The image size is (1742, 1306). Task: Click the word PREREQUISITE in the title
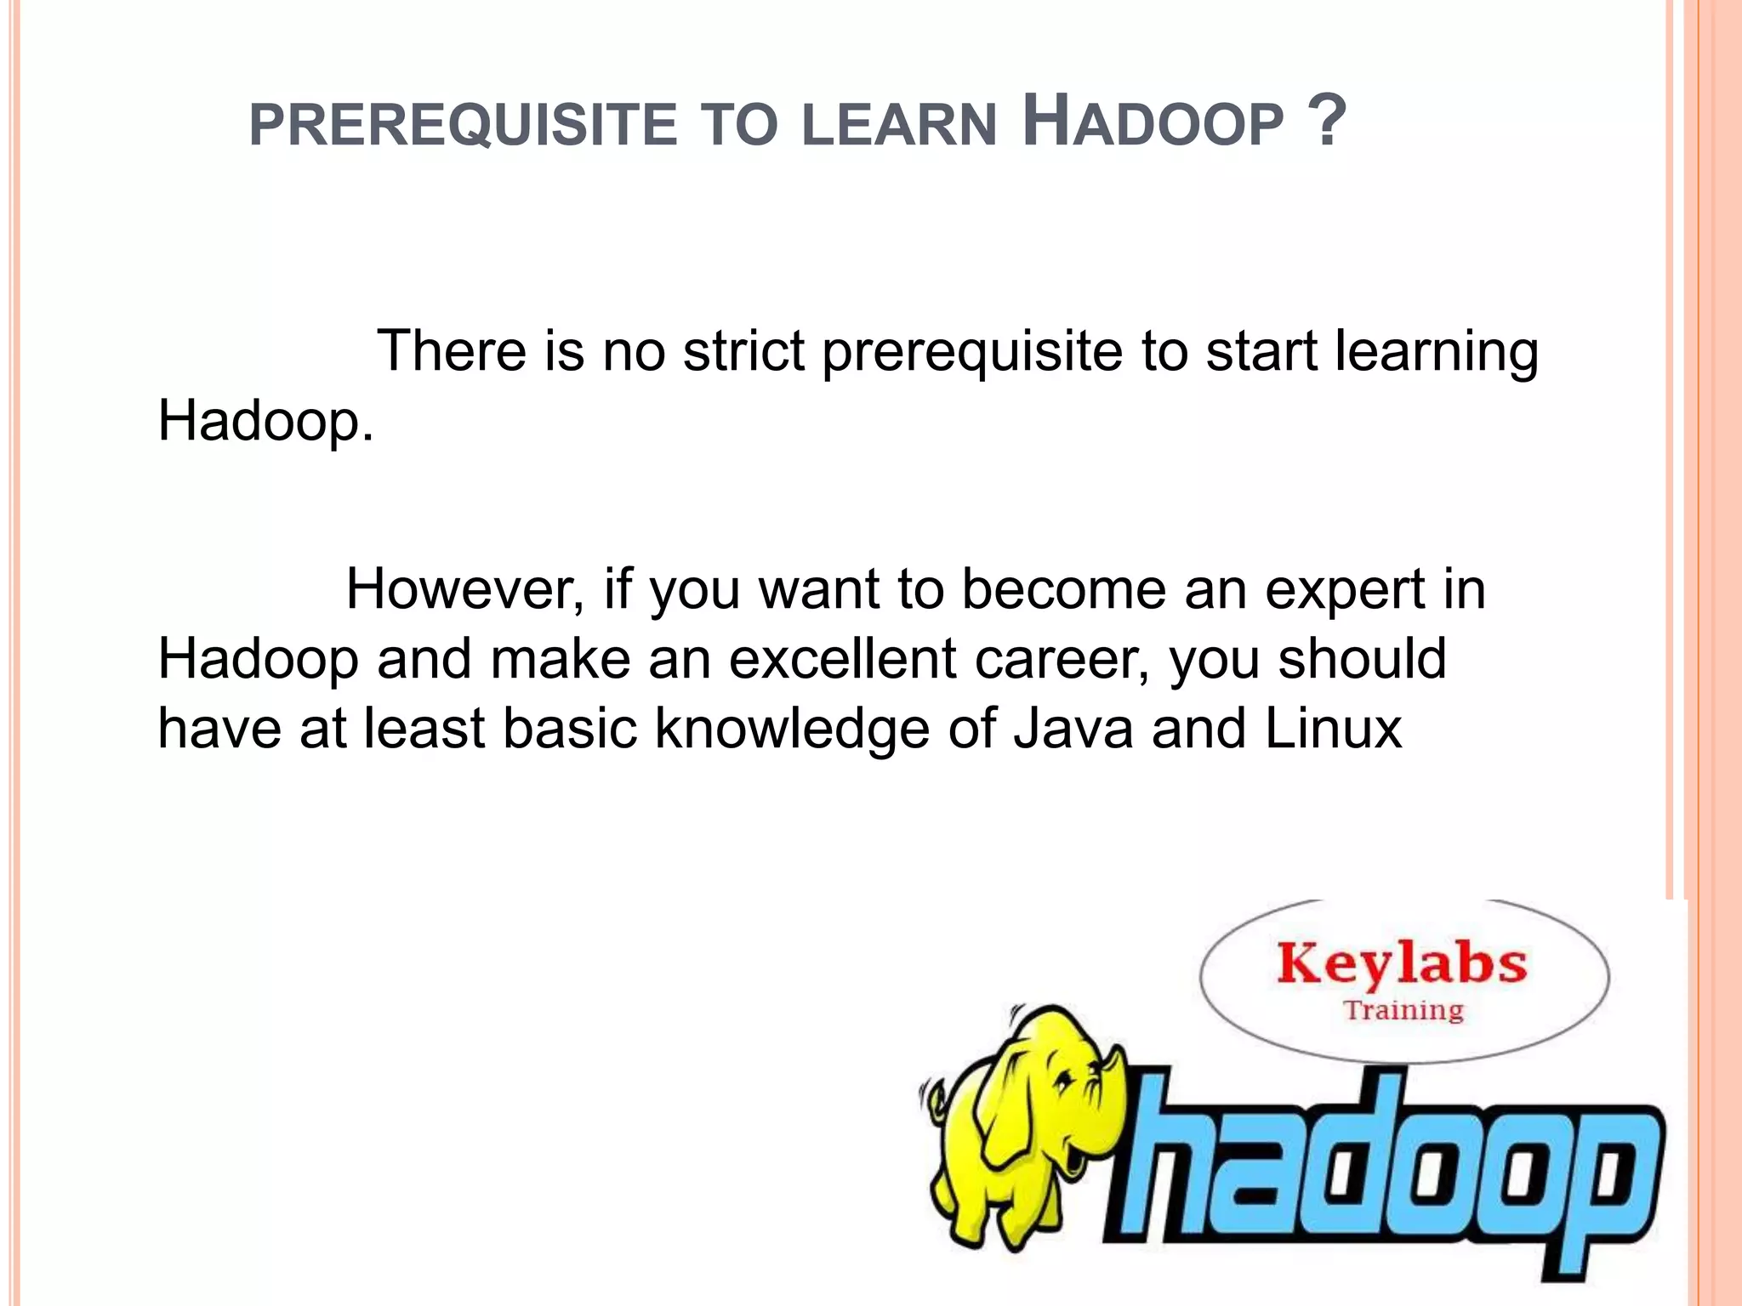463,125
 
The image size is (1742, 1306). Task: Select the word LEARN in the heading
899,125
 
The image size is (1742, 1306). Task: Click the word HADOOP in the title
1152,123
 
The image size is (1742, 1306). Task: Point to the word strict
743,350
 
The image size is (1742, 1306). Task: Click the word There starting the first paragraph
451,350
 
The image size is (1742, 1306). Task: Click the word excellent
842,660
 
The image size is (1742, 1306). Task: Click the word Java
1073,729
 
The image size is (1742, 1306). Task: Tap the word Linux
1333,729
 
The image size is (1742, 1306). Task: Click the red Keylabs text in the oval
1402,964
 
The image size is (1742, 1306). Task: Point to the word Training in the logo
1403,1010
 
